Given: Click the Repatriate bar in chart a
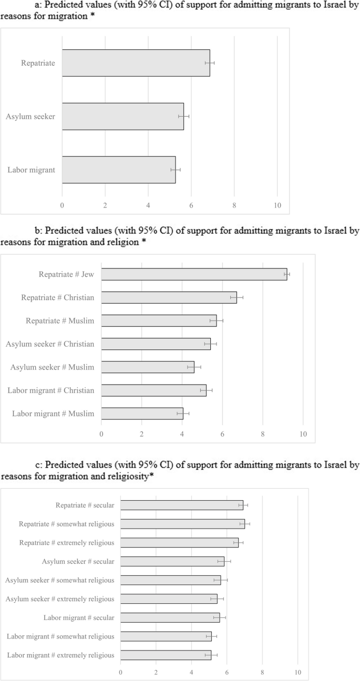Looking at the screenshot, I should pyautogui.click(x=136, y=63).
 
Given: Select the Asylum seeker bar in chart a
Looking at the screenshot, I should pyautogui.click(x=122, y=116).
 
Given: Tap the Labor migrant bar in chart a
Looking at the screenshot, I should pyautogui.click(x=118, y=170).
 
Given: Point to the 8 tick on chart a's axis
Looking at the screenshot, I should pyautogui.click(x=234, y=205).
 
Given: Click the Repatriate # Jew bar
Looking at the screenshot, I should pyautogui.click(x=194, y=274).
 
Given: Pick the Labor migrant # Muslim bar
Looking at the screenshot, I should pyautogui.click(x=142, y=414).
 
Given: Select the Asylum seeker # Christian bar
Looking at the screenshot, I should pyautogui.click(x=156, y=344).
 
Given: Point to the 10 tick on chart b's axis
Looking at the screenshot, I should pyautogui.click(x=303, y=434).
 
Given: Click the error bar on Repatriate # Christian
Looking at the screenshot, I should pyautogui.click(x=236, y=297).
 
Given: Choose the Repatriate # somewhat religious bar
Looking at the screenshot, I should pyautogui.click(x=182, y=524).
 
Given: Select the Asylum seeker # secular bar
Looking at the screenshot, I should pyautogui.click(x=172, y=562).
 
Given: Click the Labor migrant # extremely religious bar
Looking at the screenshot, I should pyautogui.click(x=166, y=655).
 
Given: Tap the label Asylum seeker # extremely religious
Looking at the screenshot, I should pyautogui.click(x=59, y=599).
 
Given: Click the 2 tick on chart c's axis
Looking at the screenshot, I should pyautogui.click(x=156, y=672).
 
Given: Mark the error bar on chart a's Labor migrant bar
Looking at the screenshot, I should pyautogui.click(x=175, y=170).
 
